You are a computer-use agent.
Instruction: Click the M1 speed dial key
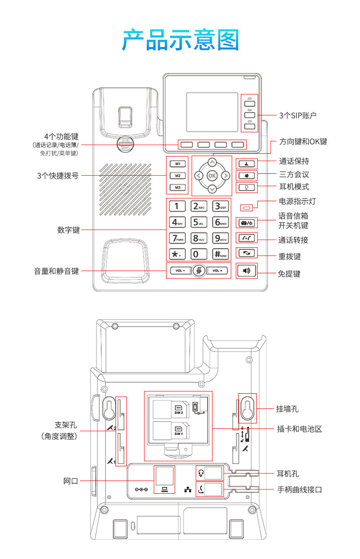pyautogui.click(x=178, y=163)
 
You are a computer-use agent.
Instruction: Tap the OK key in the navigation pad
pyautogui.click(x=212, y=176)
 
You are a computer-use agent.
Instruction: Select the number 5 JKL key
pyautogui.click(x=199, y=222)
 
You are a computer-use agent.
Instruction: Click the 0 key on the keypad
pyautogui.click(x=199, y=254)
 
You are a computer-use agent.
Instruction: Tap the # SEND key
pyautogui.click(x=221, y=254)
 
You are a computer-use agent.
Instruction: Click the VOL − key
pyautogui.click(x=180, y=271)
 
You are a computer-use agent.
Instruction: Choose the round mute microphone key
pyautogui.click(x=199, y=271)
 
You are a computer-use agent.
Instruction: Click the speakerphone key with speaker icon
pyautogui.click(x=247, y=271)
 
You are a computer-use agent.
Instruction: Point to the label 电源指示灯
pyautogui.click(x=298, y=201)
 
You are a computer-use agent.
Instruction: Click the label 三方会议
pyautogui.click(x=294, y=174)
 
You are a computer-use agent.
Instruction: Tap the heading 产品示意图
pyautogui.click(x=180, y=40)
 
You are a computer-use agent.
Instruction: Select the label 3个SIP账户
pyautogui.click(x=298, y=115)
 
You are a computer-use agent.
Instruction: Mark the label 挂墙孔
pyautogui.click(x=287, y=409)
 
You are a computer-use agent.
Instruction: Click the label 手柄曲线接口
pyautogui.click(x=300, y=490)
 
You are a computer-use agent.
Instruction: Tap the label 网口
pyautogui.click(x=71, y=481)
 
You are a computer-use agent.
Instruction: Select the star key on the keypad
pyautogui.click(x=177, y=254)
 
